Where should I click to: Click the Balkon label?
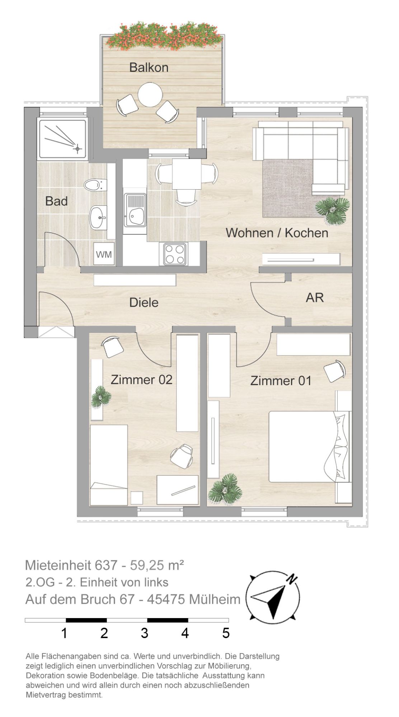(149, 67)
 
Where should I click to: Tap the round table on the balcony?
(150, 95)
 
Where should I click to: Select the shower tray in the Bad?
(62, 139)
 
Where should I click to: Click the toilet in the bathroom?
(95, 185)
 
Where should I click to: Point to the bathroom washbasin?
(98, 217)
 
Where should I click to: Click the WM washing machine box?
(104, 254)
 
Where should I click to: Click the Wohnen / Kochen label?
(277, 233)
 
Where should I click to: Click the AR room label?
(315, 297)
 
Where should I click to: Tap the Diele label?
(144, 302)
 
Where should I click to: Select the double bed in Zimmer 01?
(310, 447)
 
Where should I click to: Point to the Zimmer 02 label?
(141, 379)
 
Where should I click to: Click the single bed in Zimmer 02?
(109, 465)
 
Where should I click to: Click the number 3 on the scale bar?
(145, 633)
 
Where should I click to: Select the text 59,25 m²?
(157, 565)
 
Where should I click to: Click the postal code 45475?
(164, 599)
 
